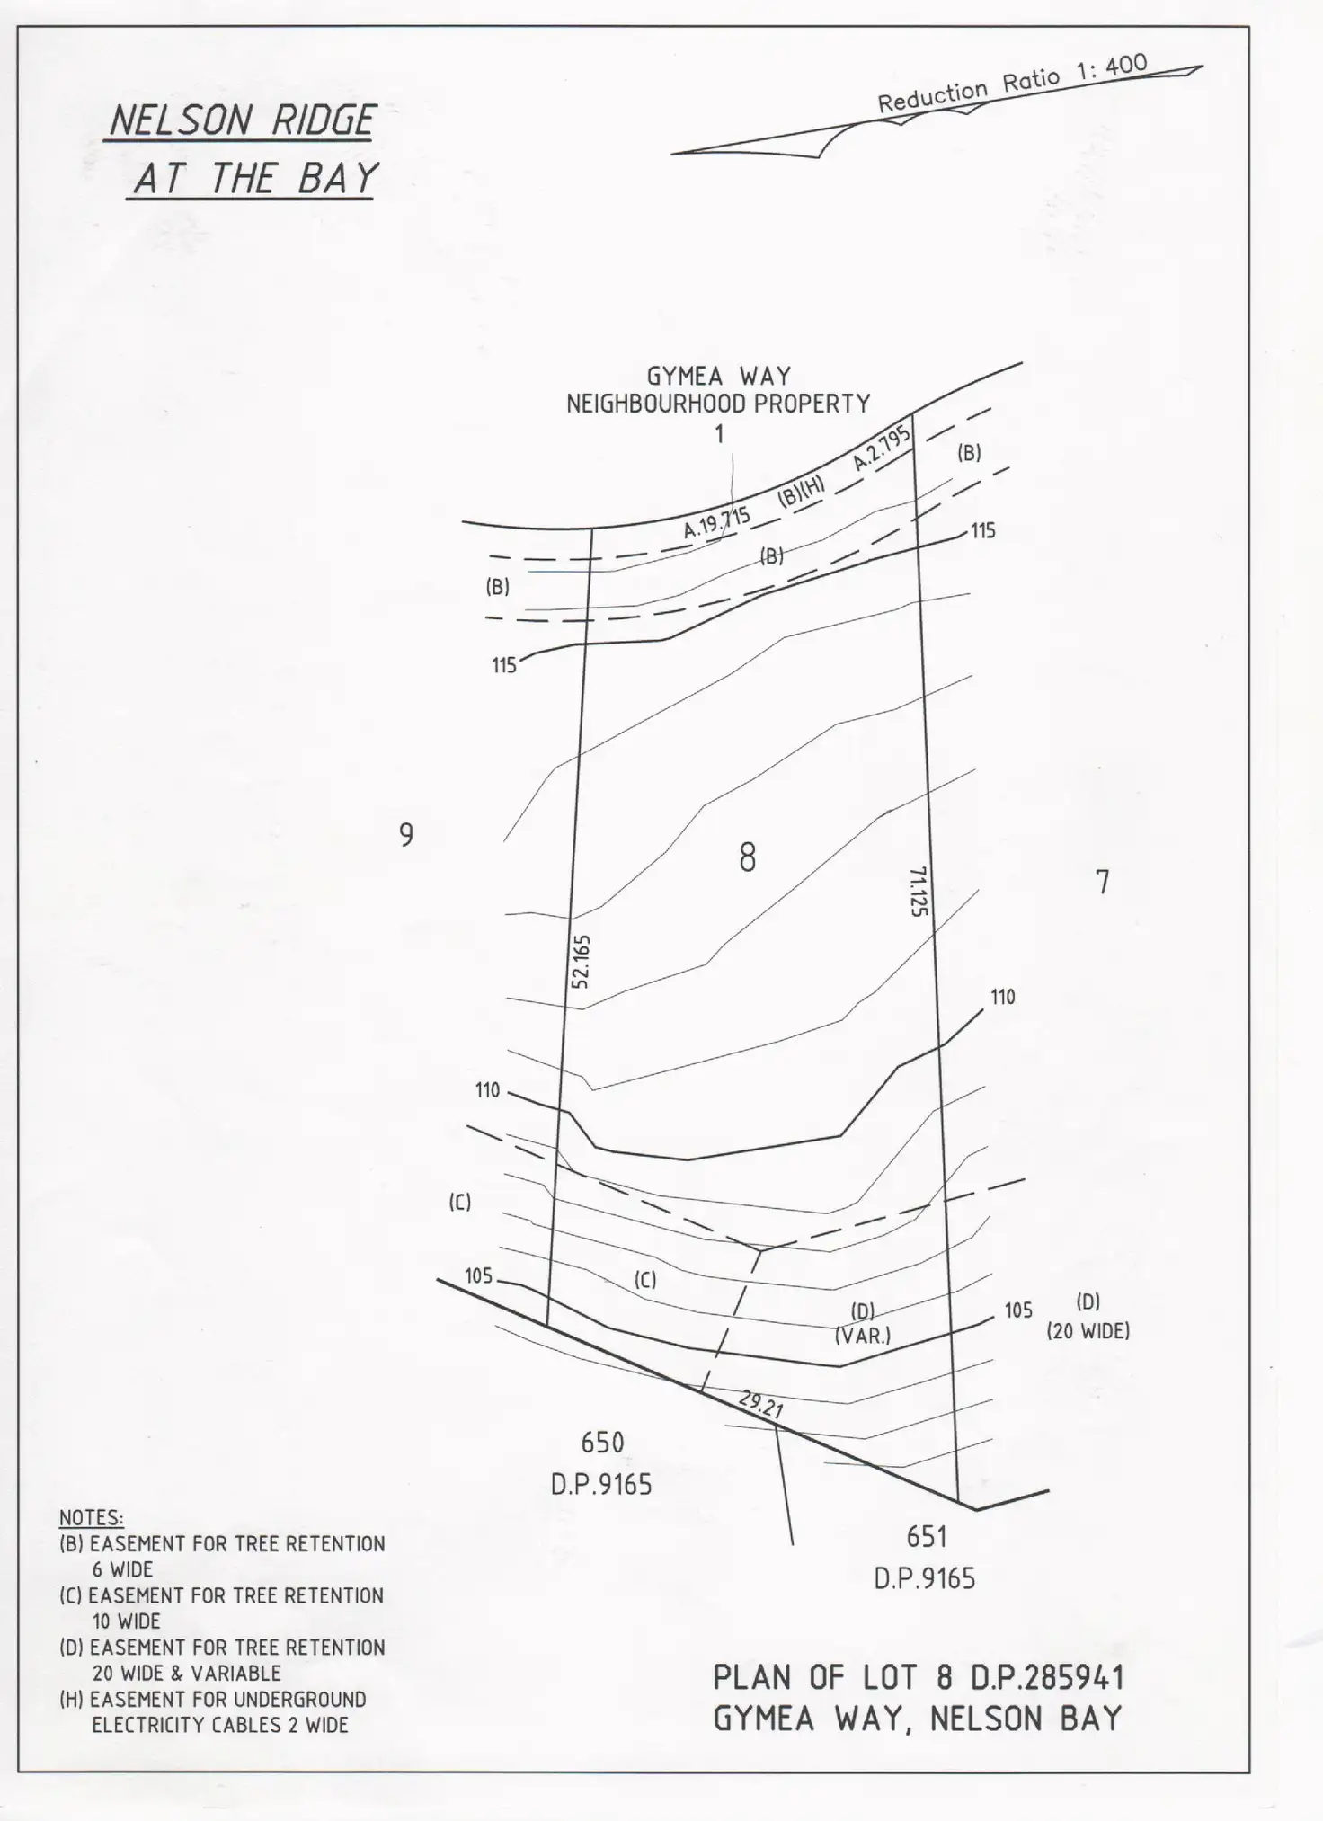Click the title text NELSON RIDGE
pos(241,120)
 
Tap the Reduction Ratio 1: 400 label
pos(1012,84)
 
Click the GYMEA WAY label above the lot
pos(718,376)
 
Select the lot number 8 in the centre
pos(747,857)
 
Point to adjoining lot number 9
pos(406,835)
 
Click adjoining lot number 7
pos(1103,882)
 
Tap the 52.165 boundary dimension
pos(581,961)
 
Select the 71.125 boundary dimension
pos(918,891)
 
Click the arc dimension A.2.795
pos(882,448)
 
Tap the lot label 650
pos(602,1443)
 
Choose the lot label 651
pos(927,1537)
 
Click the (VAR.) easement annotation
pos(863,1336)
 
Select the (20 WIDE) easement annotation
pos(1088,1331)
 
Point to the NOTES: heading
pos(92,1518)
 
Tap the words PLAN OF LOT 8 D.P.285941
pos(918,1677)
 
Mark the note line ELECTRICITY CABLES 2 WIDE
pos(219,1725)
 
